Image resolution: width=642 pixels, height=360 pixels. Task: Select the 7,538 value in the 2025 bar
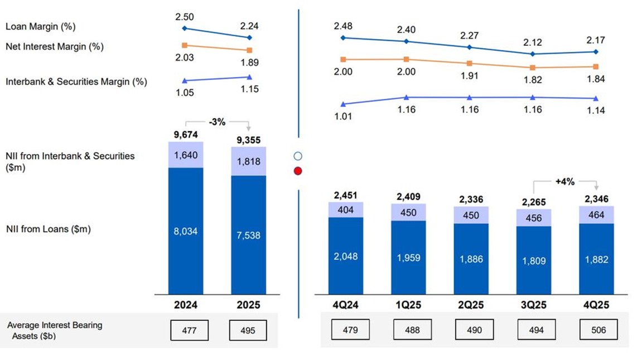coord(248,236)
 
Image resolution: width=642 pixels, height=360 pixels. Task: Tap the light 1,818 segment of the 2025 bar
coord(248,161)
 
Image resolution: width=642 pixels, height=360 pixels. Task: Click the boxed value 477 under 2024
coord(190,330)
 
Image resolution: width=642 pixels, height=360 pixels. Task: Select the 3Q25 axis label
coord(533,305)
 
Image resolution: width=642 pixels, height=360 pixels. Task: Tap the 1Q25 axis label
coord(408,305)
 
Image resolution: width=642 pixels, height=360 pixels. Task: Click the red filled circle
coord(298,171)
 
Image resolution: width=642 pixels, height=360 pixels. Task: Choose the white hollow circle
coord(298,156)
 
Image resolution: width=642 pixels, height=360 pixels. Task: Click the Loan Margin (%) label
coord(40,26)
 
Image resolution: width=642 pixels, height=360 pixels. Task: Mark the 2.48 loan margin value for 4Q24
coord(343,26)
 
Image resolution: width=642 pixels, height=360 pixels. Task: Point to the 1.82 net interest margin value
coord(533,80)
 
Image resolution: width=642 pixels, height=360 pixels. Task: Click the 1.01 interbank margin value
coord(343,117)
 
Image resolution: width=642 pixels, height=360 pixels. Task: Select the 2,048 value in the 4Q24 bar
coord(345,257)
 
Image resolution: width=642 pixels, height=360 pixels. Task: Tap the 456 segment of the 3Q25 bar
coord(534,218)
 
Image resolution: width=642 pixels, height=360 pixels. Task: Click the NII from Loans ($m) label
coord(48,229)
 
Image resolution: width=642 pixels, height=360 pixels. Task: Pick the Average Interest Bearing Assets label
coord(54,330)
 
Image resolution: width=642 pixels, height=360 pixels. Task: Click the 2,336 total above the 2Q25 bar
coord(471,199)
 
